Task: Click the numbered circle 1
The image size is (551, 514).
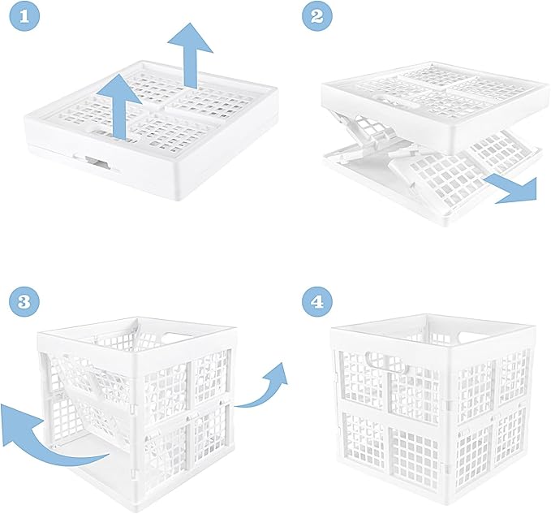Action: point(24,16)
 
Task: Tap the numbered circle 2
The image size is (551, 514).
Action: point(317,16)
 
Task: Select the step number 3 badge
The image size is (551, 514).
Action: point(24,301)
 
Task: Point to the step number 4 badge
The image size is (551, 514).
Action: point(317,301)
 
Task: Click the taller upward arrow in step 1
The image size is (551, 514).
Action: point(190,54)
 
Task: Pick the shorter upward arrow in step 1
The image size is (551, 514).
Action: point(118,107)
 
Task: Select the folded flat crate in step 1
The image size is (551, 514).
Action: point(151,131)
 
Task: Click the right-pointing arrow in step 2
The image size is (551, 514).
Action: point(511,189)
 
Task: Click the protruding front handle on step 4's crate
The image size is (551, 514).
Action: point(386,363)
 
